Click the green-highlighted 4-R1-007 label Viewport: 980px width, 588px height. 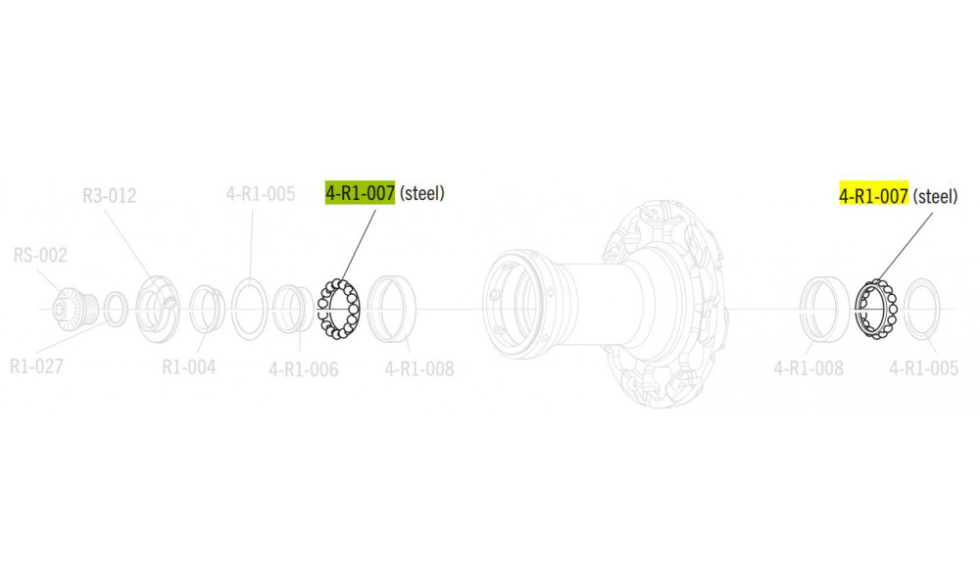point(360,193)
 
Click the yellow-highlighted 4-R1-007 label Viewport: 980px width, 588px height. point(873,196)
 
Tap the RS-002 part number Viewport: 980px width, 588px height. point(40,257)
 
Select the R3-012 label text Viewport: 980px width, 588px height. point(109,196)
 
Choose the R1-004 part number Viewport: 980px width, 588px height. point(188,368)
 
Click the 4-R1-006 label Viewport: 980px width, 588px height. point(303,369)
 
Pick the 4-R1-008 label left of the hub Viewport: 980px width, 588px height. point(418,369)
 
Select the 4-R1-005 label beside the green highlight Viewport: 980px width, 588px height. point(260,194)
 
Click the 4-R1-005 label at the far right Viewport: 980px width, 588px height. point(923,369)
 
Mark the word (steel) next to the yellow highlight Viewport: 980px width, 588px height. point(935,196)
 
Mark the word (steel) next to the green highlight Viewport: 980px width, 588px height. point(422,193)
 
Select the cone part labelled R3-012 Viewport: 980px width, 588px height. point(156,308)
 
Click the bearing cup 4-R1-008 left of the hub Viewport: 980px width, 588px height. point(393,309)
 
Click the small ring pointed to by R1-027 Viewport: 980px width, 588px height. point(115,309)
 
